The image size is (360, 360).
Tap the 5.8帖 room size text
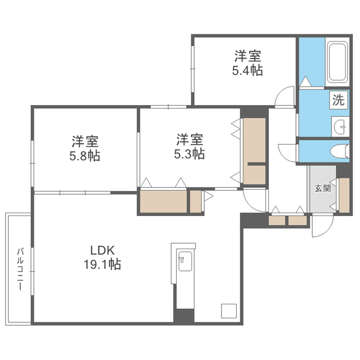85,156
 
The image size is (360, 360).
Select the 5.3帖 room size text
190,154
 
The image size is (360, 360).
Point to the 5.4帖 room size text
248,71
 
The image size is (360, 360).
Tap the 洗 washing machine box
337,101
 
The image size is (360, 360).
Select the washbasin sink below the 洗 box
340,125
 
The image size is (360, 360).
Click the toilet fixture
337,151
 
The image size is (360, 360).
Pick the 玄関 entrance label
322,188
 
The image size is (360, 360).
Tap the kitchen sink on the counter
184,261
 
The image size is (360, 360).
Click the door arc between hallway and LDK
254,200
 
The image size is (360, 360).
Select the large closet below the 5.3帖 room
163,202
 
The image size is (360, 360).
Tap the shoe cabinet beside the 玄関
344,195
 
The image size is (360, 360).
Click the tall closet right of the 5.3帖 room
254,151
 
